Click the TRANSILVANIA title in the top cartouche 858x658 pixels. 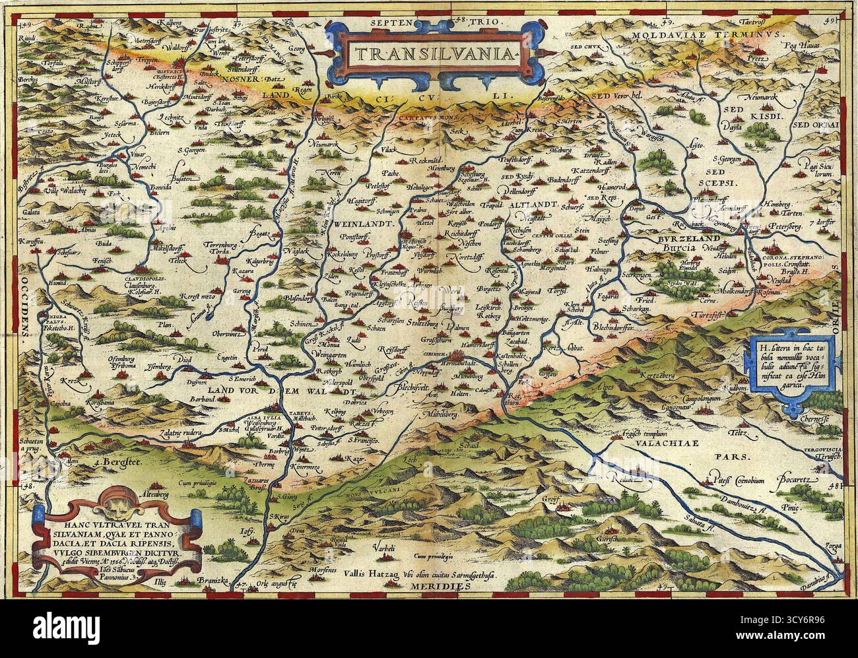point(430,53)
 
